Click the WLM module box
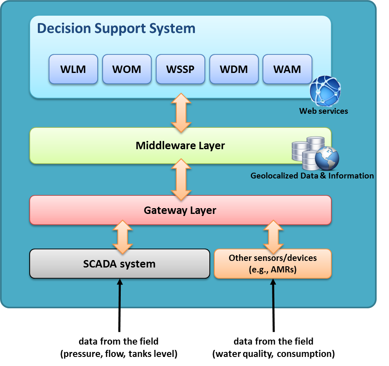pos(73,69)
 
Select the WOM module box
pos(127,69)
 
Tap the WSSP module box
pos(180,69)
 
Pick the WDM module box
pos(234,69)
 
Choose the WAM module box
pos(287,69)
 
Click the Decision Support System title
pos(116,28)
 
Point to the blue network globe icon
pos(325,91)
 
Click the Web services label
pos(323,111)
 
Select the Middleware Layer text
pos(180,145)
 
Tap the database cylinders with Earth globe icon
pos(315,153)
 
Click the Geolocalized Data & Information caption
pos(312,176)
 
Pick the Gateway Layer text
pos(180,211)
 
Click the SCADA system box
pos(120,263)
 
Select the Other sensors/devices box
pos(273,263)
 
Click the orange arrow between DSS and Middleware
pos(181,113)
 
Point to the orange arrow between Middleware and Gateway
pos(181,179)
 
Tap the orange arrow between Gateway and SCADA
pos(122,237)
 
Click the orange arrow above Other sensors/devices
pos(273,237)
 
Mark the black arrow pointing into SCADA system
pos(120,305)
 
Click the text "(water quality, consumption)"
pos(273,354)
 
